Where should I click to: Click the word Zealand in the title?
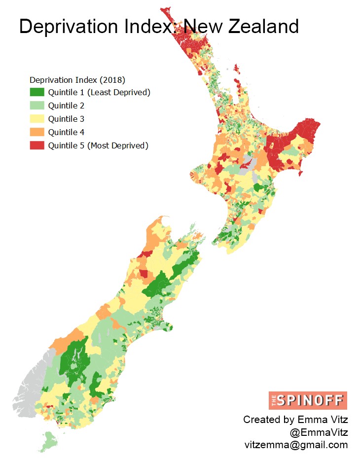[x=264, y=26]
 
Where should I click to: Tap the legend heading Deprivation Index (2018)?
[x=77, y=80]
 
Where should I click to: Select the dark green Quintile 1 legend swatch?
[x=37, y=92]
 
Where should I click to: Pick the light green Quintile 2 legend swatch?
[x=37, y=106]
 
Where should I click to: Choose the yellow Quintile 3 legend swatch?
[x=37, y=119]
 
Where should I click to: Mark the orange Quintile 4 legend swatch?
[x=37, y=132]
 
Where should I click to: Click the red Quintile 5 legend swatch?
[x=37, y=145]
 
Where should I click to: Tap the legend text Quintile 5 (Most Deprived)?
[x=98, y=145]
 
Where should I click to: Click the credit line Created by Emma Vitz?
[x=295, y=420]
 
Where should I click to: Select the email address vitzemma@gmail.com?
[x=296, y=445]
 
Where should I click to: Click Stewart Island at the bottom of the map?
[x=49, y=440]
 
